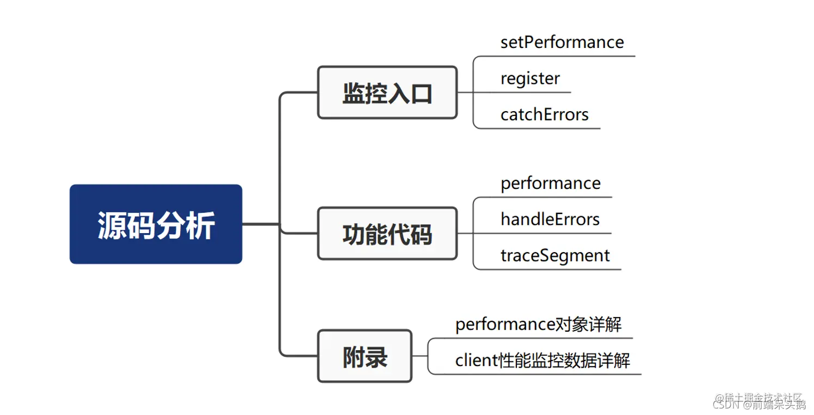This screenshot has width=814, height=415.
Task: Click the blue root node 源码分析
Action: (156, 224)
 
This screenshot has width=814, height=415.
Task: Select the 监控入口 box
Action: (387, 93)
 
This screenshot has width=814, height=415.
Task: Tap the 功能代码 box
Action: (387, 234)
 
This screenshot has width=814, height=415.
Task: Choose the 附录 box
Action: (365, 356)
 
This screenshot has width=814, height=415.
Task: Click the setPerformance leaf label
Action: (562, 42)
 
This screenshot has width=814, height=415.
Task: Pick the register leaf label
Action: (529, 78)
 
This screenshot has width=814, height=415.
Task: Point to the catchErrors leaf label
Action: (544, 114)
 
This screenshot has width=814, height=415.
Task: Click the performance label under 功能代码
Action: (550, 184)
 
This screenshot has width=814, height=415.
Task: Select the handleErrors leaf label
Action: (550, 219)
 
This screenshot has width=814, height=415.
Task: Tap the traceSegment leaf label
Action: (555, 255)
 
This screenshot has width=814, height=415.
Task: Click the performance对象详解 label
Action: (538, 325)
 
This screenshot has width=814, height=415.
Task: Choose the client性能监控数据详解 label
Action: (542, 361)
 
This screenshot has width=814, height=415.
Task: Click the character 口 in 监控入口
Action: (421, 93)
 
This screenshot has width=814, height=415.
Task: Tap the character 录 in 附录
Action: (376, 357)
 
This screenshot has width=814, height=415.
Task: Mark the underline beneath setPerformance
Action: (566, 56)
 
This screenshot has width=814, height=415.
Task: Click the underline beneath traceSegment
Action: (560, 269)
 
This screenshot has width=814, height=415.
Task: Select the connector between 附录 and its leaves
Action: (420, 356)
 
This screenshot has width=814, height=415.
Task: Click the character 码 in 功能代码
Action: (421, 234)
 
